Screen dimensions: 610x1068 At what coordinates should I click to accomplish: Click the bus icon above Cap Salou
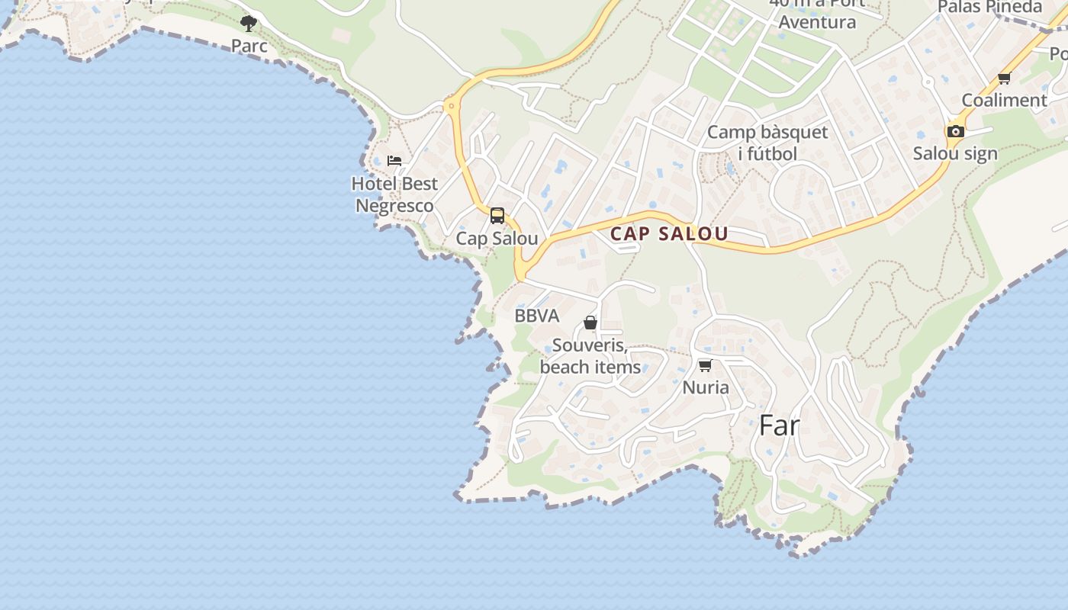pyautogui.click(x=497, y=216)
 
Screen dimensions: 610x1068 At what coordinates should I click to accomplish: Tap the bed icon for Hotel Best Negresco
pyautogui.click(x=394, y=161)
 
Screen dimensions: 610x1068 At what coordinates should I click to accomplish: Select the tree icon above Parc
pyautogui.click(x=249, y=23)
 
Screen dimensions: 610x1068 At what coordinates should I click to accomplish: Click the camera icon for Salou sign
pyautogui.click(x=955, y=131)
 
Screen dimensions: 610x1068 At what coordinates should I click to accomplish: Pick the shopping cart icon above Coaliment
pyautogui.click(x=1005, y=78)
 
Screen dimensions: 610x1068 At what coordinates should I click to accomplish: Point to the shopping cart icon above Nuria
pyautogui.click(x=706, y=365)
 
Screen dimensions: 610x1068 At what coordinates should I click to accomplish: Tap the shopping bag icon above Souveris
pyautogui.click(x=590, y=323)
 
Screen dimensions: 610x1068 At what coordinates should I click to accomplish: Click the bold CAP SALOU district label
pyautogui.click(x=669, y=234)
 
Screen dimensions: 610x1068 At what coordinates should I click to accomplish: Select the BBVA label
pyautogui.click(x=536, y=316)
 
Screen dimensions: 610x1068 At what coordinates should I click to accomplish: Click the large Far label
pyautogui.click(x=779, y=425)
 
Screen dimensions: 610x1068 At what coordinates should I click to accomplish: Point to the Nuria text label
pyautogui.click(x=706, y=387)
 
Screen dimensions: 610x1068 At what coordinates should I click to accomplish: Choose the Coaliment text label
pyautogui.click(x=1004, y=100)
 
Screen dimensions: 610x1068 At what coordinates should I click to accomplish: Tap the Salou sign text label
pyautogui.click(x=955, y=153)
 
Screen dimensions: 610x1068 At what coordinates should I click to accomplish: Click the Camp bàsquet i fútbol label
pyautogui.click(x=767, y=143)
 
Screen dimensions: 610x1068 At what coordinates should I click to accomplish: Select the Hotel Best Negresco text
pyautogui.click(x=395, y=194)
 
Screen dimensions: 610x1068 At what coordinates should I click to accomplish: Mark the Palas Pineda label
pyautogui.click(x=989, y=7)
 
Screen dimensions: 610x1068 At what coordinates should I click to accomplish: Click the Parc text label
pyautogui.click(x=249, y=46)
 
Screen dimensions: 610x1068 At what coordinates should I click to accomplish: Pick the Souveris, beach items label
pyautogui.click(x=590, y=356)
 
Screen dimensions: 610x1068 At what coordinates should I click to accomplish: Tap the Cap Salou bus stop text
pyautogui.click(x=497, y=238)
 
